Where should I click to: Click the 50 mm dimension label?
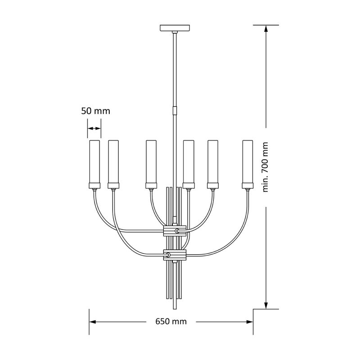coord(96,111)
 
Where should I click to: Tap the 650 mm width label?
coord(171,321)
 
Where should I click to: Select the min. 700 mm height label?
coord(265,167)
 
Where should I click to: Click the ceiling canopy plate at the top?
coord(175,27)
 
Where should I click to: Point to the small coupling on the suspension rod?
coord(175,110)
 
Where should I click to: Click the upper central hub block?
coord(175,231)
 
